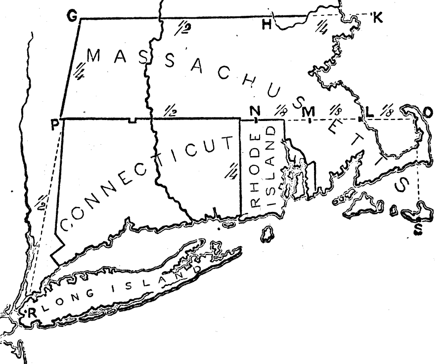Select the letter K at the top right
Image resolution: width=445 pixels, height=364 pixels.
coord(378,19)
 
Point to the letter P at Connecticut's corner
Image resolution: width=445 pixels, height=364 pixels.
coord(55,124)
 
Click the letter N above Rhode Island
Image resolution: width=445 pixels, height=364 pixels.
coord(255,110)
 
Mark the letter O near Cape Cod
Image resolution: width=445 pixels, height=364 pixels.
coord(428,113)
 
